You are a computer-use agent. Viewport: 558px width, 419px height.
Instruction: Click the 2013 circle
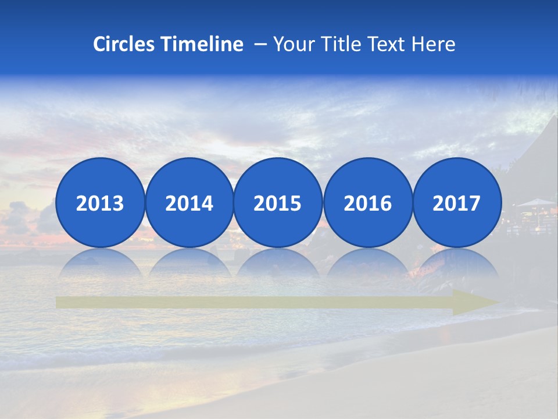(x=100, y=203)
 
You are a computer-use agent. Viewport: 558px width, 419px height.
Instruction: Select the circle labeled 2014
(x=189, y=203)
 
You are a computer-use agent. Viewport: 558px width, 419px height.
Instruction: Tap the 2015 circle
(x=278, y=203)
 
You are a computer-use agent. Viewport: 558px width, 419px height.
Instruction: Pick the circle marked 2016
(x=367, y=203)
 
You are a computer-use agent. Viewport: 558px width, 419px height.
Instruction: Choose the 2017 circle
(x=457, y=203)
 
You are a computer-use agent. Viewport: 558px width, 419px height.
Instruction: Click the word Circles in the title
(x=124, y=44)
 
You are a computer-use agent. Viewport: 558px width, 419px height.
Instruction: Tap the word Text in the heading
(x=388, y=44)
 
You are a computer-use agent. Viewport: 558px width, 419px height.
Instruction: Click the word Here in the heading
(x=434, y=44)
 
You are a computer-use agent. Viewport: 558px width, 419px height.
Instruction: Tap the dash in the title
(x=260, y=44)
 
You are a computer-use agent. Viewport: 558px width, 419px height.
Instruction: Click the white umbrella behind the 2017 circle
(x=535, y=203)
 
